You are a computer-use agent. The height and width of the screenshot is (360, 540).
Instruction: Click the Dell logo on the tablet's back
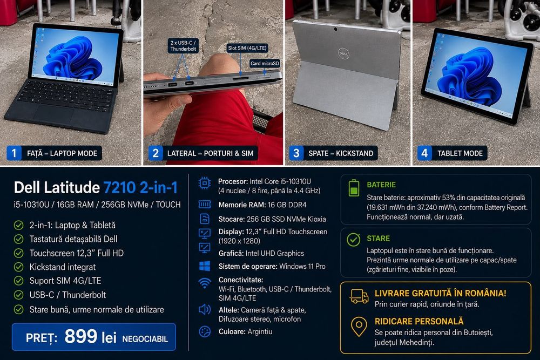pyautogui.click(x=343, y=53)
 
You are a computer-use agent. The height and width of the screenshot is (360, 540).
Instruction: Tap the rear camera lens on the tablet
pyautogui.click(x=335, y=29)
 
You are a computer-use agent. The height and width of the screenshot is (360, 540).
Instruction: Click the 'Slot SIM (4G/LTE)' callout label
pyautogui.click(x=247, y=48)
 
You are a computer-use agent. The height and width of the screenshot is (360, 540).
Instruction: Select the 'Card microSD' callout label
pyautogui.click(x=265, y=63)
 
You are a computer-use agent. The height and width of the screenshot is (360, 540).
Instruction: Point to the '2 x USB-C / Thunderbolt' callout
pyautogui.click(x=183, y=46)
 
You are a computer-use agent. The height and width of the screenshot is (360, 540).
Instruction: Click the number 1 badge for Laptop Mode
pyautogui.click(x=14, y=153)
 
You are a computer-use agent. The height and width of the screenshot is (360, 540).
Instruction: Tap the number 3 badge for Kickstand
pyautogui.click(x=296, y=153)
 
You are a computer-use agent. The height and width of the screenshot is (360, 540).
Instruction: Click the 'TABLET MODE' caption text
pyautogui.click(x=460, y=153)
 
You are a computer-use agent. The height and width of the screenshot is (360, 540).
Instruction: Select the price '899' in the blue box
pyautogui.click(x=81, y=336)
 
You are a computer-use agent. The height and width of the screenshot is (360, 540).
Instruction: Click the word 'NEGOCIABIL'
pyautogui.click(x=145, y=339)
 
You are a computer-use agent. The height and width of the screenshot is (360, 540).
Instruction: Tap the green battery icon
pyautogui.click(x=354, y=188)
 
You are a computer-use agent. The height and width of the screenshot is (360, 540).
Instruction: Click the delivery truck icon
pyautogui.click(x=359, y=296)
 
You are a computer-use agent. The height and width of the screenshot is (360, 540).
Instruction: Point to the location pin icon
pyautogui.click(x=359, y=327)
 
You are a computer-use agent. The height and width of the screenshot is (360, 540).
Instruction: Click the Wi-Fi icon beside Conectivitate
pyautogui.click(x=205, y=283)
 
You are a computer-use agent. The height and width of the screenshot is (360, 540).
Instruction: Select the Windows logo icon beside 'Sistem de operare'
pyautogui.click(x=205, y=266)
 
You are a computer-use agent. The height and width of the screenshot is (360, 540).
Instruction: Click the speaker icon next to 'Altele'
pyautogui.click(x=205, y=310)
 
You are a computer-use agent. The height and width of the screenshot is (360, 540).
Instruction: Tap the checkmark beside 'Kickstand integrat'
pyautogui.click(x=18, y=267)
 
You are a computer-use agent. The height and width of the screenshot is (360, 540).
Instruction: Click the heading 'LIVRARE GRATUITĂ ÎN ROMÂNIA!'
pyautogui.click(x=441, y=293)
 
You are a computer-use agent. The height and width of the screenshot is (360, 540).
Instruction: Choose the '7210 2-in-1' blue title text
pyautogui.click(x=140, y=188)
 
